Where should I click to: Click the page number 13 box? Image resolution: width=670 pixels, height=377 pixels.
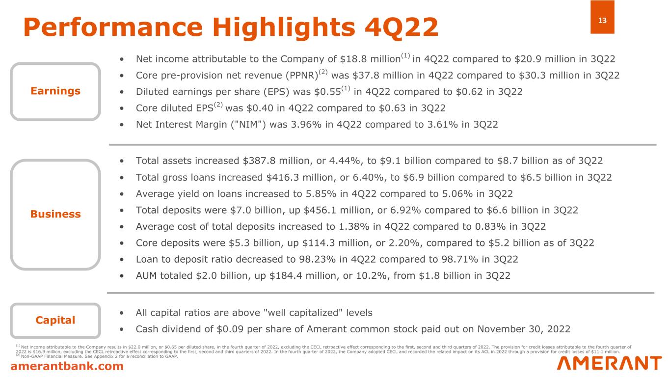(602, 17)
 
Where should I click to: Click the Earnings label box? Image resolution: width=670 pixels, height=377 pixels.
(55, 91)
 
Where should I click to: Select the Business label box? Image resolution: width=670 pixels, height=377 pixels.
(55, 214)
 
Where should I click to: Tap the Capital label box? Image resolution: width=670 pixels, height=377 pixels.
(55, 321)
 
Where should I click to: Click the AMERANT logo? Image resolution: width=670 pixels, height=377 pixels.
(609, 363)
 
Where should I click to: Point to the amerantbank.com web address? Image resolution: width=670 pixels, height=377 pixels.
(68, 366)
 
